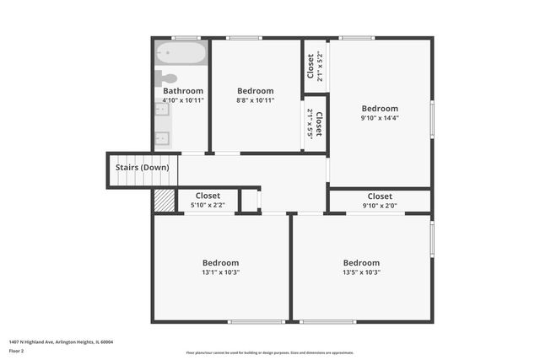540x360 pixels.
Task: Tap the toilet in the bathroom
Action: tap(166, 78)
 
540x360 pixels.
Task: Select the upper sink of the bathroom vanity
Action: tap(163, 117)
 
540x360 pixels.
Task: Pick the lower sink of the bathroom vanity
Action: tap(163, 138)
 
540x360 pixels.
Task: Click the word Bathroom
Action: tap(183, 91)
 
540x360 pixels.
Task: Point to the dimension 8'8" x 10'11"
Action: tap(255, 100)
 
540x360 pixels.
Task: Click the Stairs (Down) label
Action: tap(142, 168)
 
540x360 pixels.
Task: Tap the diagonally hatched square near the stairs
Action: tap(163, 201)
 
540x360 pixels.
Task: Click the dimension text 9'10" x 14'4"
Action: tap(380, 118)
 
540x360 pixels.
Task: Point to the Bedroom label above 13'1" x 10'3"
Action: tap(220, 263)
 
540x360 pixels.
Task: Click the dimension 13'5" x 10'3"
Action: tap(361, 272)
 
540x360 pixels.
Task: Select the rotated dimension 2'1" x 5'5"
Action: tap(310, 123)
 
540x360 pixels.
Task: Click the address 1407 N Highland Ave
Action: tap(61, 342)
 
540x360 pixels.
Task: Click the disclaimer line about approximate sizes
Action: tap(270, 352)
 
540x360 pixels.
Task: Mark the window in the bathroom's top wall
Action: tap(186, 37)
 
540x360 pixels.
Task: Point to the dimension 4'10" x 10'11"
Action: tap(183, 100)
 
